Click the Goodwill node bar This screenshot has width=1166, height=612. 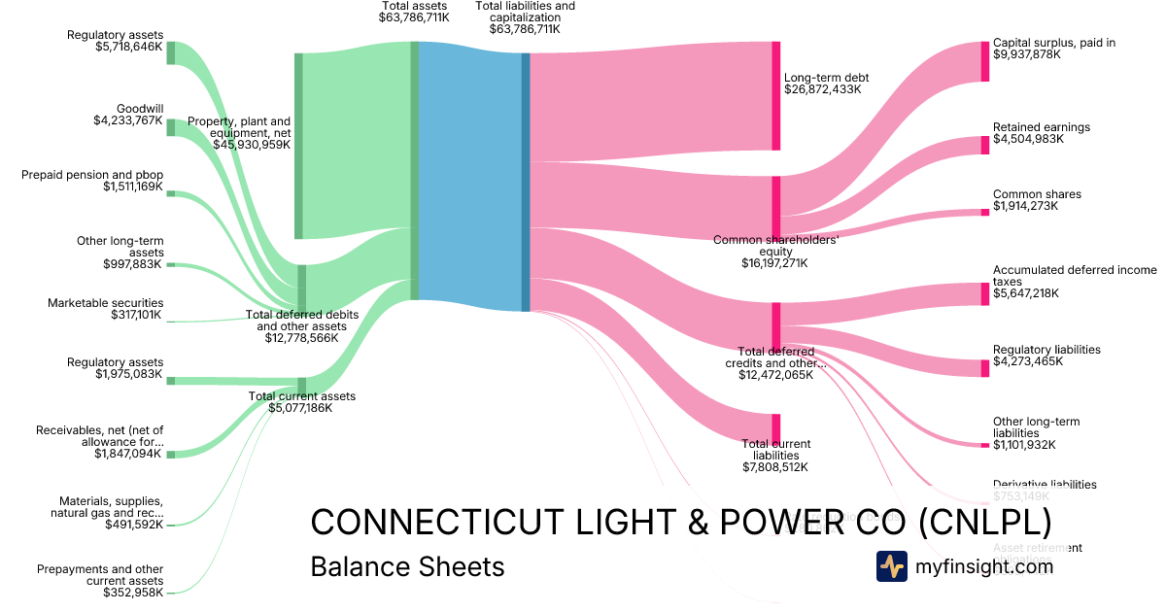coord(171,127)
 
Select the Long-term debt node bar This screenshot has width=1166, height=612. coord(776,95)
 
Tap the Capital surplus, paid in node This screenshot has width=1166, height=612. coord(984,60)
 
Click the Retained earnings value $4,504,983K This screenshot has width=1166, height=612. coord(1028,139)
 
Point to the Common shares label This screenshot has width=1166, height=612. coord(1037,194)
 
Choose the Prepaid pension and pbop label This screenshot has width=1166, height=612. coord(92,175)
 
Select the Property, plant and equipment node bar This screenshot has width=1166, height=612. coord(298,146)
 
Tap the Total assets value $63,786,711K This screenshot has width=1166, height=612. coord(415,17)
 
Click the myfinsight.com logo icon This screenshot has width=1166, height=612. coord(891,565)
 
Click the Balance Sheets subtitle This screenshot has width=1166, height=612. coord(407,566)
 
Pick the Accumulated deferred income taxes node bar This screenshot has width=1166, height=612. coord(984,293)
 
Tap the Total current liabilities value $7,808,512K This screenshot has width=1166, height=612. coord(774,467)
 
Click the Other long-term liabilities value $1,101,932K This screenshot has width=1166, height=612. coord(1028,445)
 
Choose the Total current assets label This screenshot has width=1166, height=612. coord(302,396)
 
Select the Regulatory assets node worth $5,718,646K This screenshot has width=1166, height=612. coord(171,52)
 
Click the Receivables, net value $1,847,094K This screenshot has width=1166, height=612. coord(129,454)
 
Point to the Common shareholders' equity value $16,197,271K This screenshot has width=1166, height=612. coord(774,262)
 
